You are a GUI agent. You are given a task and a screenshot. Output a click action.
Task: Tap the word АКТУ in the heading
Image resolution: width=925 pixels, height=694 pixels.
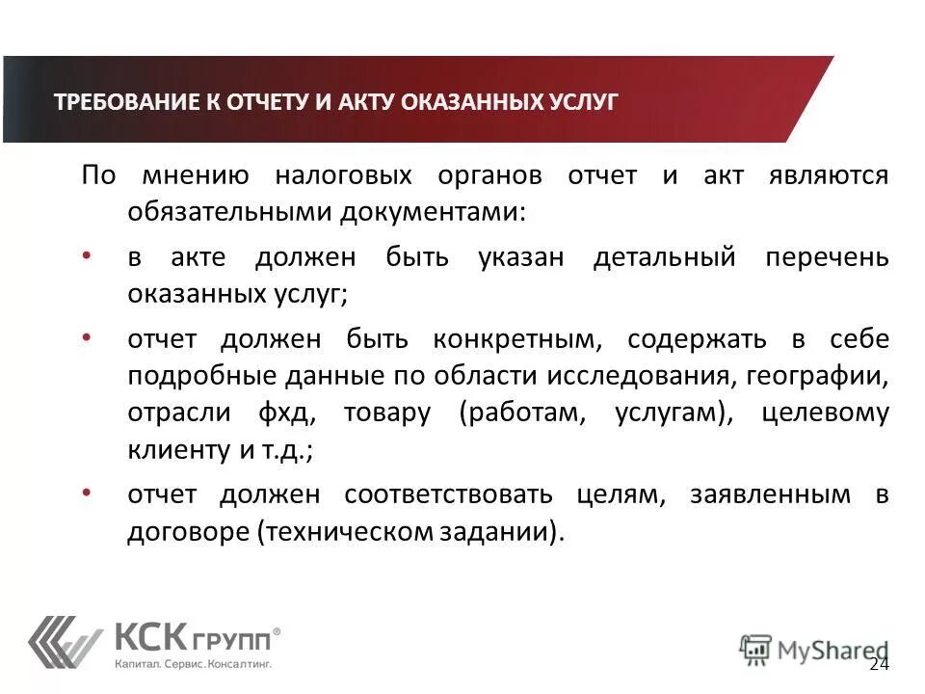[363, 102]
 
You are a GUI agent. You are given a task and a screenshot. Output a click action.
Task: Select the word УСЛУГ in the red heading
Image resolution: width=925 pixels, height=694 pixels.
[581, 102]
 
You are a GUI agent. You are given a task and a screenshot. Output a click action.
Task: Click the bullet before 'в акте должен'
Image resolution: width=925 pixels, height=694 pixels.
[87, 255]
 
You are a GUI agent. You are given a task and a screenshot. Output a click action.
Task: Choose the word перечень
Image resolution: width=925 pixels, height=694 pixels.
[828, 258]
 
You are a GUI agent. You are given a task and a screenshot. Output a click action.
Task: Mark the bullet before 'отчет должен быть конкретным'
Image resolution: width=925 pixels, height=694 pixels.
[87, 336]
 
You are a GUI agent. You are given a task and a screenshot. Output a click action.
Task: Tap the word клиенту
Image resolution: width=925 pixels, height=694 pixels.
[176, 450]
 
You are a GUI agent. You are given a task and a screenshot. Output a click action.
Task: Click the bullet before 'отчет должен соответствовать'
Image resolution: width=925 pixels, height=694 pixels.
[87, 493]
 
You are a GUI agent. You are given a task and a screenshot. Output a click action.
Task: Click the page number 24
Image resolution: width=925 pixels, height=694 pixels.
[879, 665]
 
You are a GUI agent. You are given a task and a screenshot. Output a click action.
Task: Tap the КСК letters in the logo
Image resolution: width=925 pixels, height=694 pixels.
[145, 637]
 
